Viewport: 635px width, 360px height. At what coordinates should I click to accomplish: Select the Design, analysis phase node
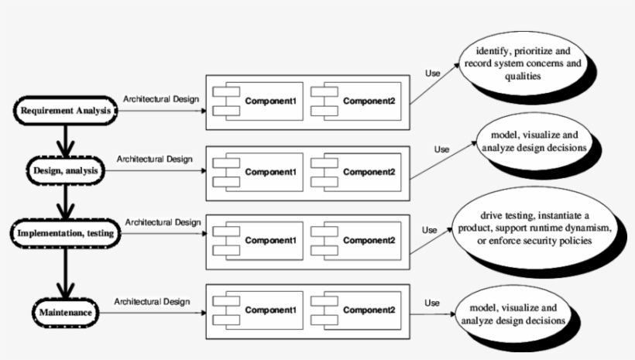(65, 170)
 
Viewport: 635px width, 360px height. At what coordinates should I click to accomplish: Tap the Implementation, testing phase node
(67, 232)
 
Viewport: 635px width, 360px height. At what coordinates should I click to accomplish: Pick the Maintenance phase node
(66, 313)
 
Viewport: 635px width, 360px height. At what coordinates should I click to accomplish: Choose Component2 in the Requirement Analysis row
(355, 101)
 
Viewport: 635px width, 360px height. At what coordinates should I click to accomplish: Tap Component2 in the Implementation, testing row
(355, 240)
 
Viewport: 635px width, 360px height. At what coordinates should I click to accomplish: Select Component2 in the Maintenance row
(355, 310)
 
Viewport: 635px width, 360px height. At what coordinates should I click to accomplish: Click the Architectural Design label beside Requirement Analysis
(161, 98)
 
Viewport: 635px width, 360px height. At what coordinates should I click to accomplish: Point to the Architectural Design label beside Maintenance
(152, 300)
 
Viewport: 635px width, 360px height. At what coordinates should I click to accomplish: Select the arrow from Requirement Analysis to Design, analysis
(66, 139)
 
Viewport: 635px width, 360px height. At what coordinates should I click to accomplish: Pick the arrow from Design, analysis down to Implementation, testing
(66, 201)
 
